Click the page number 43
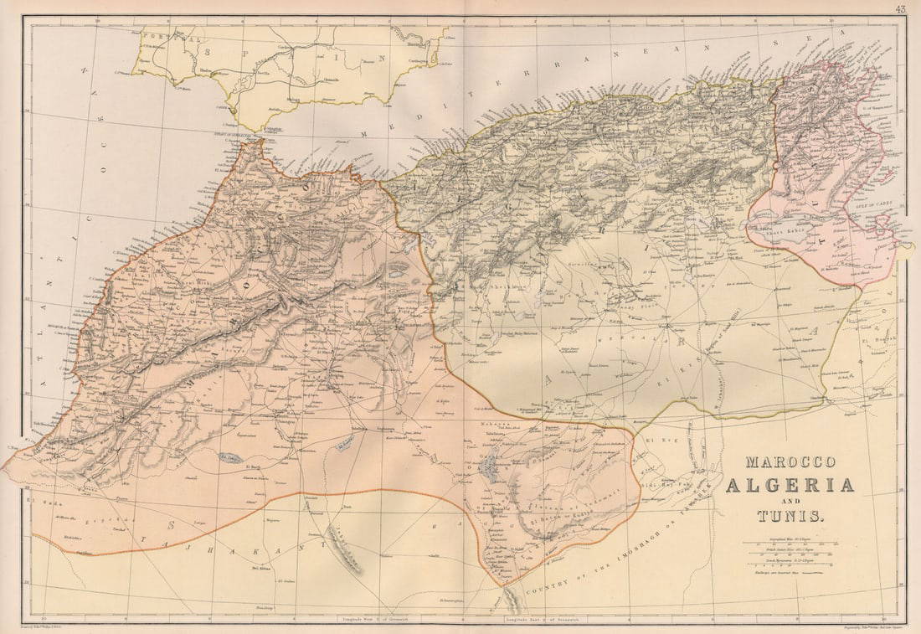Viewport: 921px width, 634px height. point(900,9)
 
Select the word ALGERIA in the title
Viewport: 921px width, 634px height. point(790,485)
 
